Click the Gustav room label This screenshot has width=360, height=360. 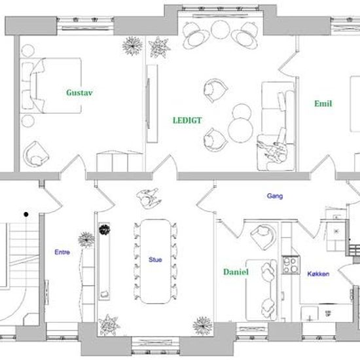point(79,92)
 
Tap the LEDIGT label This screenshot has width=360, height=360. point(187,120)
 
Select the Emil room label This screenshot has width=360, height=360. point(323,103)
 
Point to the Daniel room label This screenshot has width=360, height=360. point(236,272)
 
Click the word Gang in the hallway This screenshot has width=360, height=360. point(275,196)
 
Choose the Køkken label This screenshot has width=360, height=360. point(318,274)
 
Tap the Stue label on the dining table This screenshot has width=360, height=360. point(155,260)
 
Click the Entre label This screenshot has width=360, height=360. point(62,252)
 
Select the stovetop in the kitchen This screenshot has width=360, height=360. point(291,265)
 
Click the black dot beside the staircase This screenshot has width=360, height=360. point(26,214)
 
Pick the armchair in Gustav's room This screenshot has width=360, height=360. point(36,154)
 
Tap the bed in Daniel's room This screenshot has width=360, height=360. point(262,290)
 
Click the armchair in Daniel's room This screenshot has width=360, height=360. point(263,236)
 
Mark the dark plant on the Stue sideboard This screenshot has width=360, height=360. point(105,229)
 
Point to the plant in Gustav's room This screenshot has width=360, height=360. point(132,46)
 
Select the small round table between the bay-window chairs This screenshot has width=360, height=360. point(221,29)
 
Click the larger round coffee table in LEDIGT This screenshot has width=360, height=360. point(240,130)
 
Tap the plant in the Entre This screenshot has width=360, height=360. point(86,240)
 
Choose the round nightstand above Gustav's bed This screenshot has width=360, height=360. point(27,51)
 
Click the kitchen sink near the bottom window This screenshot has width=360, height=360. point(309,314)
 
